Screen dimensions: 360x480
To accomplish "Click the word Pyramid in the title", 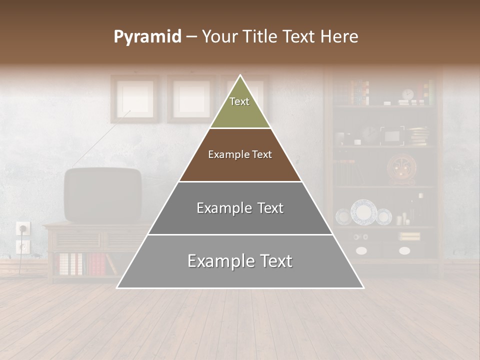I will [x=147, y=37].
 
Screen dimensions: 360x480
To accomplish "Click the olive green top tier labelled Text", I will [x=239, y=107].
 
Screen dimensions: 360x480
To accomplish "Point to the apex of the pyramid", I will [x=240, y=76].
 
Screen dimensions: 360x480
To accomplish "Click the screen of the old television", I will [x=103, y=194].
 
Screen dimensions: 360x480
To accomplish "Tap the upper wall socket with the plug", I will [x=23, y=228].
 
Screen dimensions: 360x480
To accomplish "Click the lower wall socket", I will [x=22, y=246].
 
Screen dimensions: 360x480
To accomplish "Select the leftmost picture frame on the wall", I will [x=134, y=98].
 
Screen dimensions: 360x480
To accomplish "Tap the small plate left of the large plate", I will [x=343, y=216].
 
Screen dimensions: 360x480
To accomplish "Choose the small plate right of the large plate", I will [x=383, y=216].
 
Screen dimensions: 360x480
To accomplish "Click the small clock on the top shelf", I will [x=407, y=95].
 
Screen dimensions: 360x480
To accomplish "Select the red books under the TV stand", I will [x=97, y=263].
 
